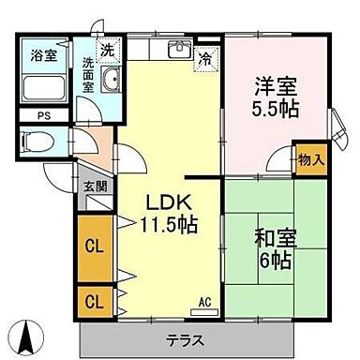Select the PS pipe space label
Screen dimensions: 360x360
tap(43, 116)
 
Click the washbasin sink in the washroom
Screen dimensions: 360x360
tap(112, 82)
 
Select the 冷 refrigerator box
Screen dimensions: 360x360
tap(205, 58)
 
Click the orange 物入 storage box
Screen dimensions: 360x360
tap(311, 158)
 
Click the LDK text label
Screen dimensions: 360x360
tap(168, 201)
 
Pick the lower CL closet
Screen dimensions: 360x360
tap(93, 302)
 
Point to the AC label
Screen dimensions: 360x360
tap(204, 302)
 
